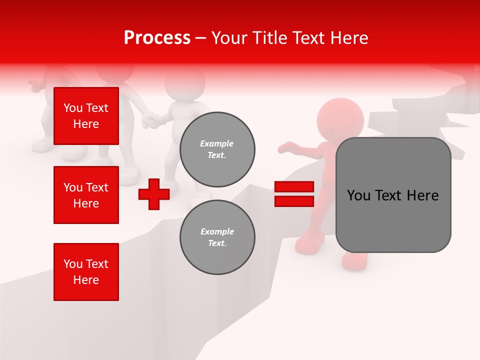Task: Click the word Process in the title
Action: (x=157, y=38)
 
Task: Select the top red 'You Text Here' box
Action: (x=86, y=116)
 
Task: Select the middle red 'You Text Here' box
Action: (x=86, y=195)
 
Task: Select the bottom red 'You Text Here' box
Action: (x=86, y=272)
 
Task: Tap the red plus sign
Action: (x=154, y=193)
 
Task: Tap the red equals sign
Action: (x=294, y=194)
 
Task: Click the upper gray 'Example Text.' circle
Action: (x=217, y=149)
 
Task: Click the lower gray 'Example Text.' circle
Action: (x=217, y=237)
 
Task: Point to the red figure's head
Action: (x=340, y=120)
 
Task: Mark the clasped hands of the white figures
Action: (x=152, y=120)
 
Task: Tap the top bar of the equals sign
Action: (x=294, y=187)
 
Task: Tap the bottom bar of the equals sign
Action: (x=294, y=201)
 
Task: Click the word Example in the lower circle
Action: (x=217, y=232)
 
